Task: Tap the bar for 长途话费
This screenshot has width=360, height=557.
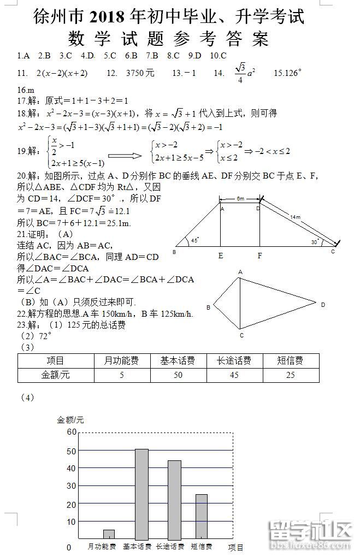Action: pyautogui.click(x=174, y=499)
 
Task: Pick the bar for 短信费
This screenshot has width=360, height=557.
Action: pyautogui.click(x=202, y=516)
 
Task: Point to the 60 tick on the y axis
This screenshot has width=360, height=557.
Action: pyautogui.click(x=72, y=432)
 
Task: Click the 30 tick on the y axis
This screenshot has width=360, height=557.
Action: pyautogui.click(x=72, y=486)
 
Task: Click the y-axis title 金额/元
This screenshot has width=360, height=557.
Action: pyautogui.click(x=70, y=420)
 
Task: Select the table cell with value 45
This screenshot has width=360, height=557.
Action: pyautogui.click(x=234, y=375)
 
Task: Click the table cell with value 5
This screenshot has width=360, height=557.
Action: pyautogui.click(x=122, y=375)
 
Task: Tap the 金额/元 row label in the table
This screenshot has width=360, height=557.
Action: pyautogui.click(x=56, y=375)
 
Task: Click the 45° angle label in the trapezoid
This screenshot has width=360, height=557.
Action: pyautogui.click(x=195, y=240)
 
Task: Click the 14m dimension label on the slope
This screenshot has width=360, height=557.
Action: pyautogui.click(x=295, y=217)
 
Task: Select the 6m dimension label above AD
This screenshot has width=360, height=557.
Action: pyautogui.click(x=240, y=198)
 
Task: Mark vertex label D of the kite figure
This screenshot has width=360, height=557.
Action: pyautogui.click(x=323, y=304)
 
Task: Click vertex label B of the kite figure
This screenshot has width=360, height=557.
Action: pyautogui.click(x=208, y=307)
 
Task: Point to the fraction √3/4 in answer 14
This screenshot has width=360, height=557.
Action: pyautogui.click(x=240, y=73)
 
